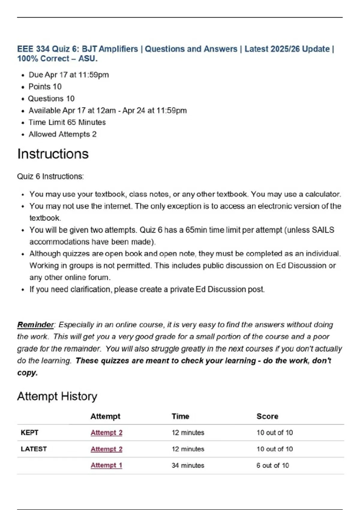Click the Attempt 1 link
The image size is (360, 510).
coord(106,465)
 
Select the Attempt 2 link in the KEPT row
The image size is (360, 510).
coord(106,433)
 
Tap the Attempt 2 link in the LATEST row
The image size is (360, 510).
coord(106,449)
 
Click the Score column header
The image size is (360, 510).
coord(267,416)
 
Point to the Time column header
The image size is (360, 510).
coord(180,416)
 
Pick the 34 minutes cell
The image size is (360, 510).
coord(188,465)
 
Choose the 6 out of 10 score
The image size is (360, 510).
coord(272,465)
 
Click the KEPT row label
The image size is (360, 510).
coord(29,433)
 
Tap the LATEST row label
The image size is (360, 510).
coord(34,449)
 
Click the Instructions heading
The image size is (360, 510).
coord(53,154)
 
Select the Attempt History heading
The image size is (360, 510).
coord(57,396)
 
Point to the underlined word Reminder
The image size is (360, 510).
coord(35,325)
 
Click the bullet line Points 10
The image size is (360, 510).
coord(45,87)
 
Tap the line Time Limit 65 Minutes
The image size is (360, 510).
coord(67,122)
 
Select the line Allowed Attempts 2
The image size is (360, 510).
coord(62,134)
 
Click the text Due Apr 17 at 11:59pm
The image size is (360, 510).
coord(68,75)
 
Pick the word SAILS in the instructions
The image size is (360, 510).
coord(323,230)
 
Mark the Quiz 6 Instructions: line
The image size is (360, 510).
coord(50,176)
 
